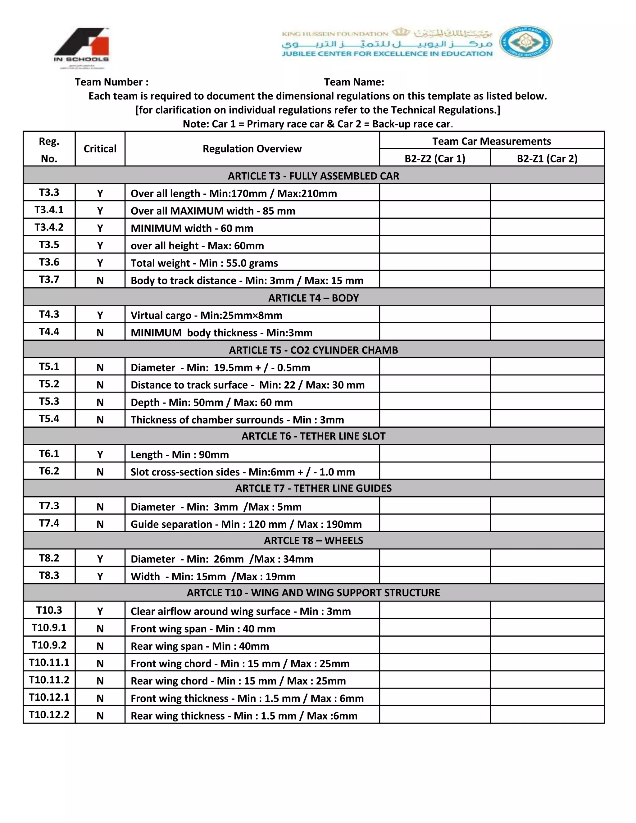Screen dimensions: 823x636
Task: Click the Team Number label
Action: (111, 82)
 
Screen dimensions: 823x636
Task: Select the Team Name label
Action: (354, 82)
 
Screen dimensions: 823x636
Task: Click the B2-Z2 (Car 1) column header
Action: (435, 158)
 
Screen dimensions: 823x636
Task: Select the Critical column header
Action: (100, 148)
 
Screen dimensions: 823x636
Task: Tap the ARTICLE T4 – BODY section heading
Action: (313, 298)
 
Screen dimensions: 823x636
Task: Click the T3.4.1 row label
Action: (49, 210)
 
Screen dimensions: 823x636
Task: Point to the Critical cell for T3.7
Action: (100, 280)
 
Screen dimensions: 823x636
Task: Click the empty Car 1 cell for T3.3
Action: (435, 193)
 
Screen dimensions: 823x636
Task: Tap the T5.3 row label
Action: (49, 401)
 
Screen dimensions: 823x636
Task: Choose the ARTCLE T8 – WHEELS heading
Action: (313, 540)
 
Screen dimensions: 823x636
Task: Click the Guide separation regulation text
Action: (246, 524)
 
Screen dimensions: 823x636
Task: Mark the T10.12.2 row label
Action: (49, 715)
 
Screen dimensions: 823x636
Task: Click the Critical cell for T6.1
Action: (100, 454)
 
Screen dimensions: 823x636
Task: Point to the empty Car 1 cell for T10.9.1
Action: (435, 628)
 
